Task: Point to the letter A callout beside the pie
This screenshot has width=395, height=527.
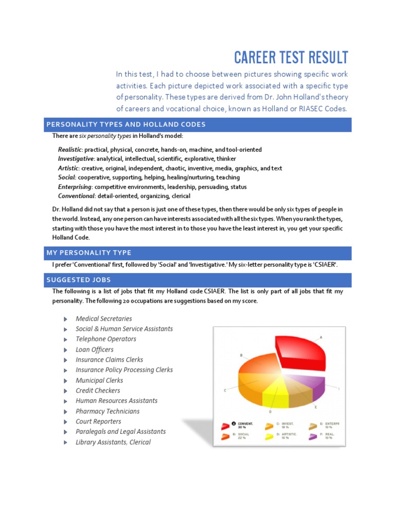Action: click(321, 337)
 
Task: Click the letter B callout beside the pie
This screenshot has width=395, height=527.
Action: click(241, 355)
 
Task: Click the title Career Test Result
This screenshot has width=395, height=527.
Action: click(291, 57)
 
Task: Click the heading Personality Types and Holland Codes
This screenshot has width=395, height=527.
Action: click(126, 125)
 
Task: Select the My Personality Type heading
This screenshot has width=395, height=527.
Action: click(89, 253)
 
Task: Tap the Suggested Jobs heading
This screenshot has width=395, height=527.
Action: click(79, 279)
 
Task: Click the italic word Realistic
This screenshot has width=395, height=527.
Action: click(69, 149)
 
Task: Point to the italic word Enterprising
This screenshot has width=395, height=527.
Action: click(75, 186)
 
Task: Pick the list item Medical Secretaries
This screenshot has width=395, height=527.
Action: click(103, 319)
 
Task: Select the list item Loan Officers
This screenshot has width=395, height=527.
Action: click(95, 349)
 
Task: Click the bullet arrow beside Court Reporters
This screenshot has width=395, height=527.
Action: click(65, 421)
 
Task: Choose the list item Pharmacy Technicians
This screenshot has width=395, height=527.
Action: click(107, 411)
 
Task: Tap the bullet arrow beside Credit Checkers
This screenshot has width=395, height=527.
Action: click(65, 391)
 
